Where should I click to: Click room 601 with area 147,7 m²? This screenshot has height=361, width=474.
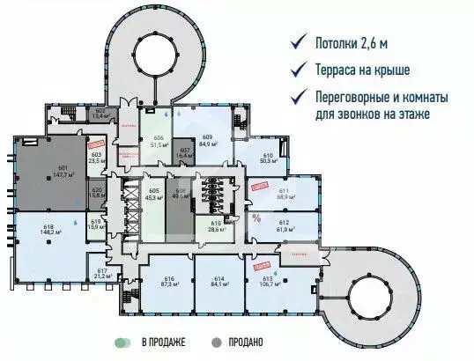tap(62, 173)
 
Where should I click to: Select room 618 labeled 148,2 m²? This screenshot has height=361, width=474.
tap(49, 231)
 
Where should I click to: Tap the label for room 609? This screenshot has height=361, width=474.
tap(208, 141)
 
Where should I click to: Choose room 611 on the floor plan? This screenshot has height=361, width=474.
tap(284, 194)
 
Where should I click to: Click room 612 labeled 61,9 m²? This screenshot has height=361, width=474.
tap(284, 225)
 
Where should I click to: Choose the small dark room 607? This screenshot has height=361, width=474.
tap(185, 152)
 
